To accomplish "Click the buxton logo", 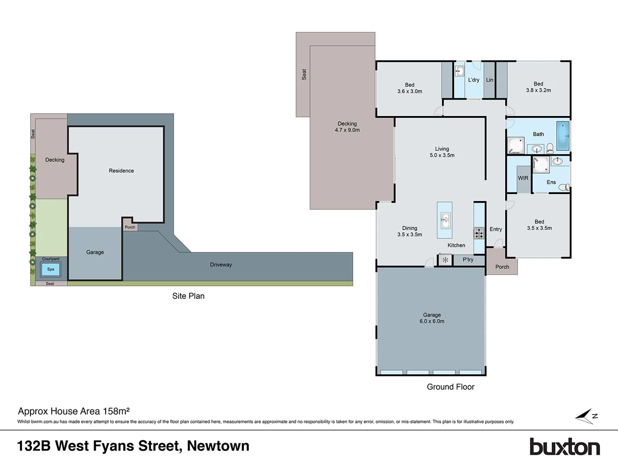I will (564, 447).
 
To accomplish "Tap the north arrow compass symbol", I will (586, 416).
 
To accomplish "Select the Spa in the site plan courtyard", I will (51, 269).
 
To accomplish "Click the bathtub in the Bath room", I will (563, 136).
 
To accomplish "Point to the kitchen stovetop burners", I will (479, 233).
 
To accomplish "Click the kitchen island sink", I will (445, 220).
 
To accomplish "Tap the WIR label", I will (523, 178).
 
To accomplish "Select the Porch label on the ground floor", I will (502, 267).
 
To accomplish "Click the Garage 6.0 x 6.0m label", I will (432, 318).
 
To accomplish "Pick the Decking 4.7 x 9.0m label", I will (347, 127).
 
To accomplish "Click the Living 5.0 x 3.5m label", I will (442, 152).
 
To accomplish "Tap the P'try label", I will (468, 259).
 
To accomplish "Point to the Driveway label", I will (221, 265).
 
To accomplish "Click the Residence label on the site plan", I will (121, 171).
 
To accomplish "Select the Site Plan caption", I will (188, 296).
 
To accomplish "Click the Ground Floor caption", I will (450, 387).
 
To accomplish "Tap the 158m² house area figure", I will (116, 411).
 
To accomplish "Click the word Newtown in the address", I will (218, 446).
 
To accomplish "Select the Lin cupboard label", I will (489, 80).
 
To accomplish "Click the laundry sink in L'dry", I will (459, 71).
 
